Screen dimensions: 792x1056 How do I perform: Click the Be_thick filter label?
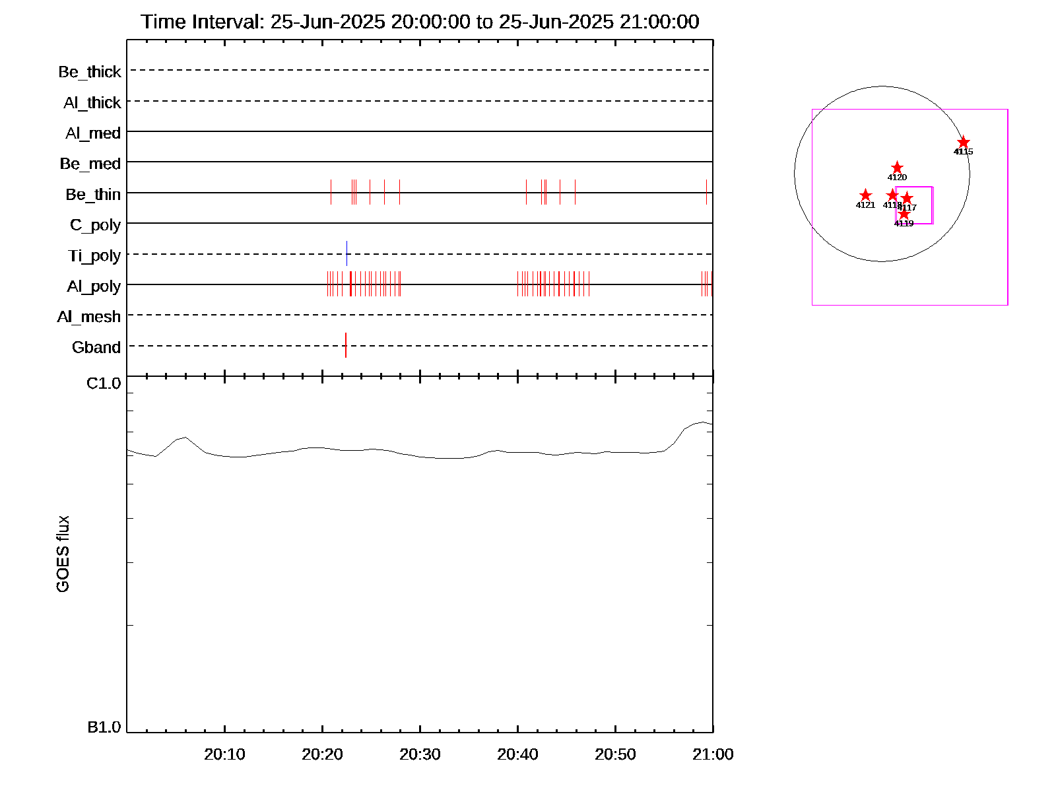(90, 72)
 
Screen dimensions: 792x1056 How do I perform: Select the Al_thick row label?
(92, 103)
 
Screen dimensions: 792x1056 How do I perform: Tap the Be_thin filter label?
(93, 195)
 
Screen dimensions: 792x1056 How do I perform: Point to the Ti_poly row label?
(94, 256)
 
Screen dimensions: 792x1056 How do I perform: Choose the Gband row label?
(96, 348)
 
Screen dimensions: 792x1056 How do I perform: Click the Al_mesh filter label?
(89, 317)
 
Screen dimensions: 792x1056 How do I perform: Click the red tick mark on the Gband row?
(346, 345)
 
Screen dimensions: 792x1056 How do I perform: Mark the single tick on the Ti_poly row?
(346, 253)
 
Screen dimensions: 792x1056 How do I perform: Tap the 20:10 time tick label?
(224, 754)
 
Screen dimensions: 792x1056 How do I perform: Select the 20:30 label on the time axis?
(420, 754)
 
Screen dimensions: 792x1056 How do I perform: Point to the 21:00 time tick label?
(713, 754)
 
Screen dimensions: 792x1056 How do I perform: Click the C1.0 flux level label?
(104, 383)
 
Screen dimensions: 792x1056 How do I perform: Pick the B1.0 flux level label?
(104, 727)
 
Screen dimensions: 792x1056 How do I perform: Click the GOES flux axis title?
(63, 554)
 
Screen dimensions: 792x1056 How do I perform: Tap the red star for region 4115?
(964, 143)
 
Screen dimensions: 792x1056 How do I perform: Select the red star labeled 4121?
(865, 195)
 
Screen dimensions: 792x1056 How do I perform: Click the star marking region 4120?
(897, 168)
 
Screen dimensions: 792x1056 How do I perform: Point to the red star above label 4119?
(904, 214)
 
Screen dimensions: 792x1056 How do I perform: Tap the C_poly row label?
(96, 226)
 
